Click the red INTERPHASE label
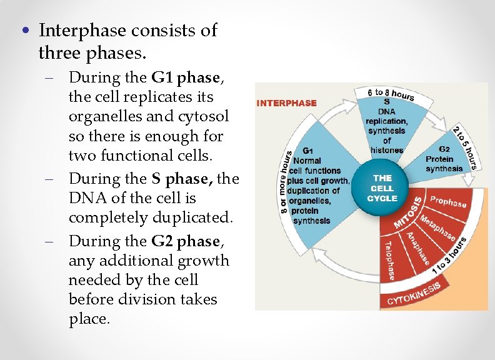(x=287, y=103)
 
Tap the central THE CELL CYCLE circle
(x=382, y=188)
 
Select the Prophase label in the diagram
(x=448, y=202)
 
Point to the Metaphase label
(x=437, y=226)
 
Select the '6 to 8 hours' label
(x=392, y=94)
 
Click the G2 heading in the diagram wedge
(x=444, y=149)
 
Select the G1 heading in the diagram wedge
(x=308, y=151)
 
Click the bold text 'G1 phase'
(x=186, y=77)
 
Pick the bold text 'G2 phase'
(x=186, y=241)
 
